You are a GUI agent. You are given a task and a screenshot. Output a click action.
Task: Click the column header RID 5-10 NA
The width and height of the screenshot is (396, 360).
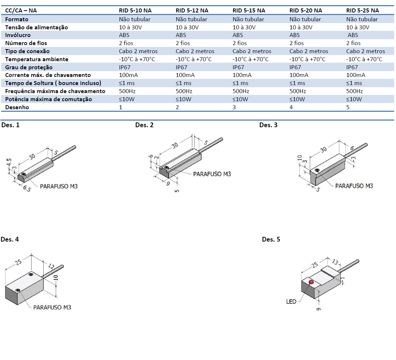135,11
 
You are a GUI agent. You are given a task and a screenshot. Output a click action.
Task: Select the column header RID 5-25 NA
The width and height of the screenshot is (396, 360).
363,11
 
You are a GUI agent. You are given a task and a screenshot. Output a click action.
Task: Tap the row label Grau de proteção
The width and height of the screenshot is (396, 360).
29,67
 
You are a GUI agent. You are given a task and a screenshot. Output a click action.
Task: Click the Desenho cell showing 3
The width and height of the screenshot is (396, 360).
234,107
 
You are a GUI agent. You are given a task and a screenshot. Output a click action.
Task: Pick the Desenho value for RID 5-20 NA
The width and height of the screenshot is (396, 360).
291,107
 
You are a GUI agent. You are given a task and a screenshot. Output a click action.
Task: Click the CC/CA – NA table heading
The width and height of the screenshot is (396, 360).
21,11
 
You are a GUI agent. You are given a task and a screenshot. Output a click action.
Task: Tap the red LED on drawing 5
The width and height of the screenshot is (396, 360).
311,282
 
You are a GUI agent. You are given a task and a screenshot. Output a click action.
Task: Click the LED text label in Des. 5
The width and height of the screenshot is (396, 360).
291,302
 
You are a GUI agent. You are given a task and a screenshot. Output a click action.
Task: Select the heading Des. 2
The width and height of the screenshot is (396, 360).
144,125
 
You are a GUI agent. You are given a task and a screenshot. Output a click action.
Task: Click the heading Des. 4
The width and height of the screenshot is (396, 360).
10,240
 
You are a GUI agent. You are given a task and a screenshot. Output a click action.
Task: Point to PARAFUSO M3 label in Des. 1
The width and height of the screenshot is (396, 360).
59,186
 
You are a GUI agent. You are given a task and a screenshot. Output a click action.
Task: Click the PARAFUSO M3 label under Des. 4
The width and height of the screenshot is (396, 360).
52,307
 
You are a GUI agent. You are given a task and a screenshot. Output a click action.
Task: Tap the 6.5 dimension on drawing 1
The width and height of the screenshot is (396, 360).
26,189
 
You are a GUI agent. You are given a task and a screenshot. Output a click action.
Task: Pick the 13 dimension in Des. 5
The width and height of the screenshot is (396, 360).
335,262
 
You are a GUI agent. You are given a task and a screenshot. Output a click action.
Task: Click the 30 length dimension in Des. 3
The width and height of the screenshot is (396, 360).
323,150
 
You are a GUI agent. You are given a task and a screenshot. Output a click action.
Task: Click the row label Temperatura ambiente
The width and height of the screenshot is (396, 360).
36,59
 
